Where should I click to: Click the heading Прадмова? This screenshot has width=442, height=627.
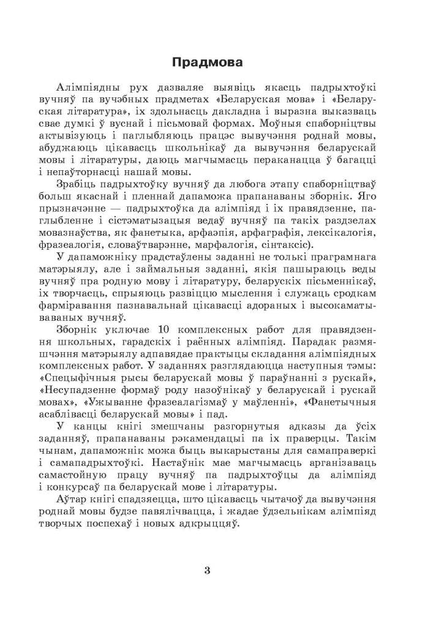click(207, 62)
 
